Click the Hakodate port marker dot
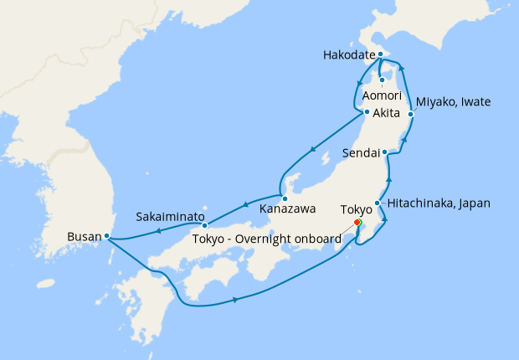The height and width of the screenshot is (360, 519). point(381,55)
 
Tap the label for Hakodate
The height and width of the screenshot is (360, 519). point(347,56)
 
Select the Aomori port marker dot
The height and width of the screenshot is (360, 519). point(382,80)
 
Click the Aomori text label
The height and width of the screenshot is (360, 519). point(381,96)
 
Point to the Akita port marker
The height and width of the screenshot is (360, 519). point(367,112)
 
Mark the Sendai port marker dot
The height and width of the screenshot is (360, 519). point(384,152)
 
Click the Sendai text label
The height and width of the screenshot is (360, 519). point(362,153)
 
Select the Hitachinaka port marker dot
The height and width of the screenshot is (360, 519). point(378,203)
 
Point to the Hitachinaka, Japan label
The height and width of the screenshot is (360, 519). point(439,203)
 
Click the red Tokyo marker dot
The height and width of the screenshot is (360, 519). point(357,223)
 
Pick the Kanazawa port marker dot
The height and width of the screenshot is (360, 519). point(285,198)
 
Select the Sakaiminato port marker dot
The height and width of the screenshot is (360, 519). point(205,225)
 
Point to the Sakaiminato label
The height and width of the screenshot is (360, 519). point(170,217)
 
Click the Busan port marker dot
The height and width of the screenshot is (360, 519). point(107,236)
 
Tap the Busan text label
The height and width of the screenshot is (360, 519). point(84,237)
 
